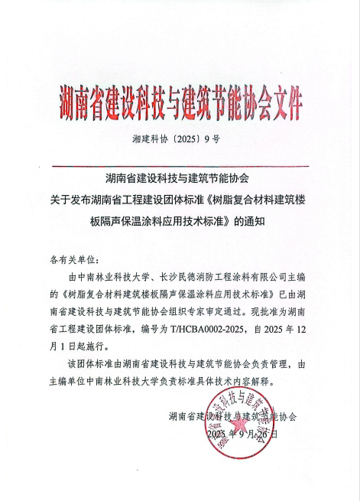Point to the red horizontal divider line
[x=180, y=166]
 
